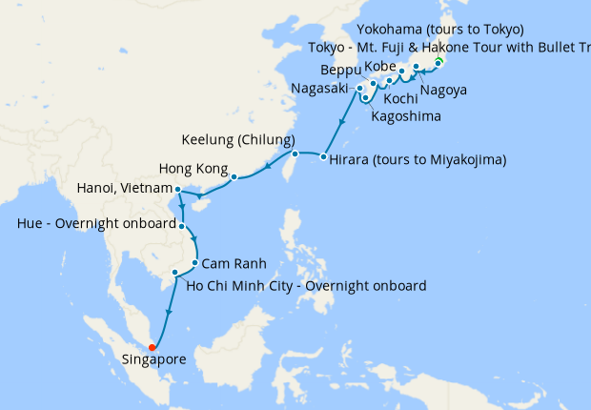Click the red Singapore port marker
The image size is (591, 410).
(x=153, y=346)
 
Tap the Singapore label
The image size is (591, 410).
(x=155, y=359)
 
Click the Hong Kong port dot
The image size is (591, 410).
(x=234, y=176)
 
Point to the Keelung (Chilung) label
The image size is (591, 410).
(x=239, y=140)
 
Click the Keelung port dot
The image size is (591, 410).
(x=295, y=154)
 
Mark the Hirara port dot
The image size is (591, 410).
(x=324, y=157)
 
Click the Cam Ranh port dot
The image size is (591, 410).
(x=194, y=263)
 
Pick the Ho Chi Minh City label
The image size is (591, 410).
(x=306, y=285)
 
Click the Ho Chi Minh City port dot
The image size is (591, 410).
(x=174, y=274)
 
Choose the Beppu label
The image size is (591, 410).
(x=340, y=71)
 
